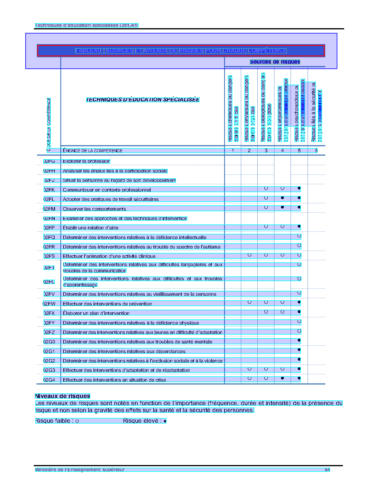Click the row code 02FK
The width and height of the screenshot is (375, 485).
point(49,190)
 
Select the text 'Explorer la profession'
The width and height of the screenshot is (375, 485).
point(86,161)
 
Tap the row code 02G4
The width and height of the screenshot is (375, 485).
point(49,380)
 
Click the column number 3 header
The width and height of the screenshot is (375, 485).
point(266,150)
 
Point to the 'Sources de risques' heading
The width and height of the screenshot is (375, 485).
point(275,62)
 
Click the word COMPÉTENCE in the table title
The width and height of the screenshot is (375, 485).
point(267,51)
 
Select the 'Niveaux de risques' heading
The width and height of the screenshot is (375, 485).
point(62,396)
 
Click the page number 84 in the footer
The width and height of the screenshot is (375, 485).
point(327,469)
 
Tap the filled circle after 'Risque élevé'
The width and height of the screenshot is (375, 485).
point(165,421)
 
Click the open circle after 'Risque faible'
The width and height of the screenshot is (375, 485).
point(77,421)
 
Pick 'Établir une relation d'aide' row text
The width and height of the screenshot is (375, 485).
point(91,228)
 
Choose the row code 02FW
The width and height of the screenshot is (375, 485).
point(49,304)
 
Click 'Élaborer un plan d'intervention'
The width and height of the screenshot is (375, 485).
point(96,313)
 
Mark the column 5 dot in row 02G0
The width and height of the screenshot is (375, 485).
point(299,340)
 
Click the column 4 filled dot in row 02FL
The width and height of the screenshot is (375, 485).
point(282,198)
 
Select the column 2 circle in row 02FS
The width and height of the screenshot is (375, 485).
point(249,255)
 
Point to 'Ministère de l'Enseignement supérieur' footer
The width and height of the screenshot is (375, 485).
point(80,469)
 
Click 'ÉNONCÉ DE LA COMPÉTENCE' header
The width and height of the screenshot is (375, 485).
point(93,151)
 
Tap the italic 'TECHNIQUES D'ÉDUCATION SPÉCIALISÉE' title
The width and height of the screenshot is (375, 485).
point(143,100)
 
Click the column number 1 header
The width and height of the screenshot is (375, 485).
point(233,150)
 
